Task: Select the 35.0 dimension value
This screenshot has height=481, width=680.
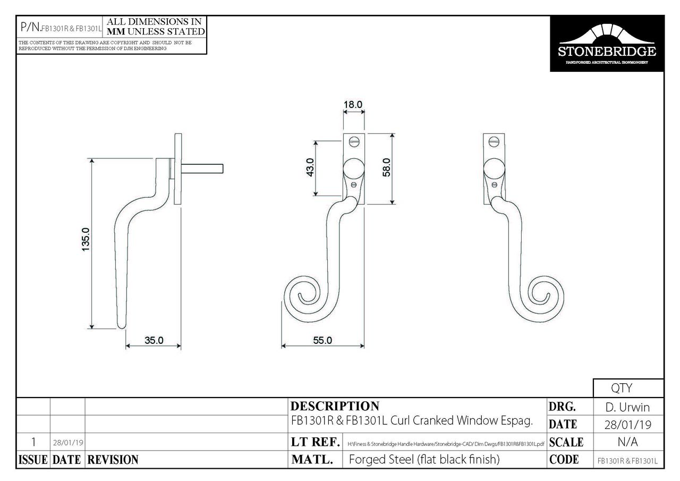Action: [154, 341]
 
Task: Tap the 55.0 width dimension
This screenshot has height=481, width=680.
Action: [322, 341]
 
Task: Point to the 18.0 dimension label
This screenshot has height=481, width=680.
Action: [353, 104]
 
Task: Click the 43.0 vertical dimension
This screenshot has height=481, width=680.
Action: [311, 167]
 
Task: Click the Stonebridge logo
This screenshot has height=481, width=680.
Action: [607, 44]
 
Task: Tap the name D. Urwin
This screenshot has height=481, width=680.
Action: [628, 408]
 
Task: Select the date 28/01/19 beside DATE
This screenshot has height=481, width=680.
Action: [628, 425]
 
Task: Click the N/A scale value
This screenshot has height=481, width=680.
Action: [628, 442]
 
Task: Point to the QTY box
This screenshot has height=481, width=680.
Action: [628, 389]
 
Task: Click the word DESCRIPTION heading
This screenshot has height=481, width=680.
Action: [335, 407]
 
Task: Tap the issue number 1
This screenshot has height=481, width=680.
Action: [33, 442]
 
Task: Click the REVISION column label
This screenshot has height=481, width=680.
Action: [112, 460]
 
